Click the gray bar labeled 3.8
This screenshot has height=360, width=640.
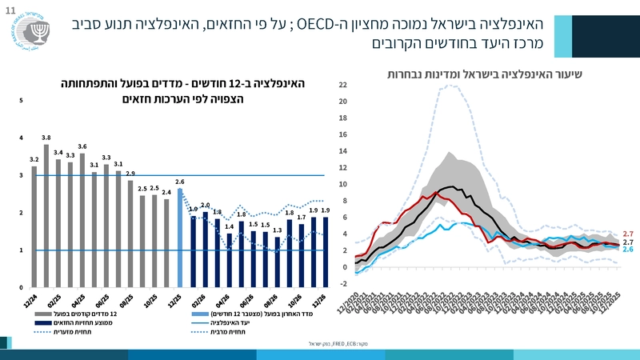tap(46, 216)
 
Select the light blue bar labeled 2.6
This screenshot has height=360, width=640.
tap(180, 238)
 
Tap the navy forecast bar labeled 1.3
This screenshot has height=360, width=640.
tap(278, 262)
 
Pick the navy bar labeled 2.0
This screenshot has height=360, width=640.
tap(205, 249)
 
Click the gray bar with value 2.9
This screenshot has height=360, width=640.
tap(130, 233)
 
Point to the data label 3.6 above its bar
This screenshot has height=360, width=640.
tap(82, 146)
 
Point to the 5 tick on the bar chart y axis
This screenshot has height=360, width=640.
tap(22, 101)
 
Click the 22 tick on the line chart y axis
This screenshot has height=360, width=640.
tap(342, 85)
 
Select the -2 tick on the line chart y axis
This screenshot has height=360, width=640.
tap(342, 283)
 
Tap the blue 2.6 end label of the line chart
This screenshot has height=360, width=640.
tap(628, 250)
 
